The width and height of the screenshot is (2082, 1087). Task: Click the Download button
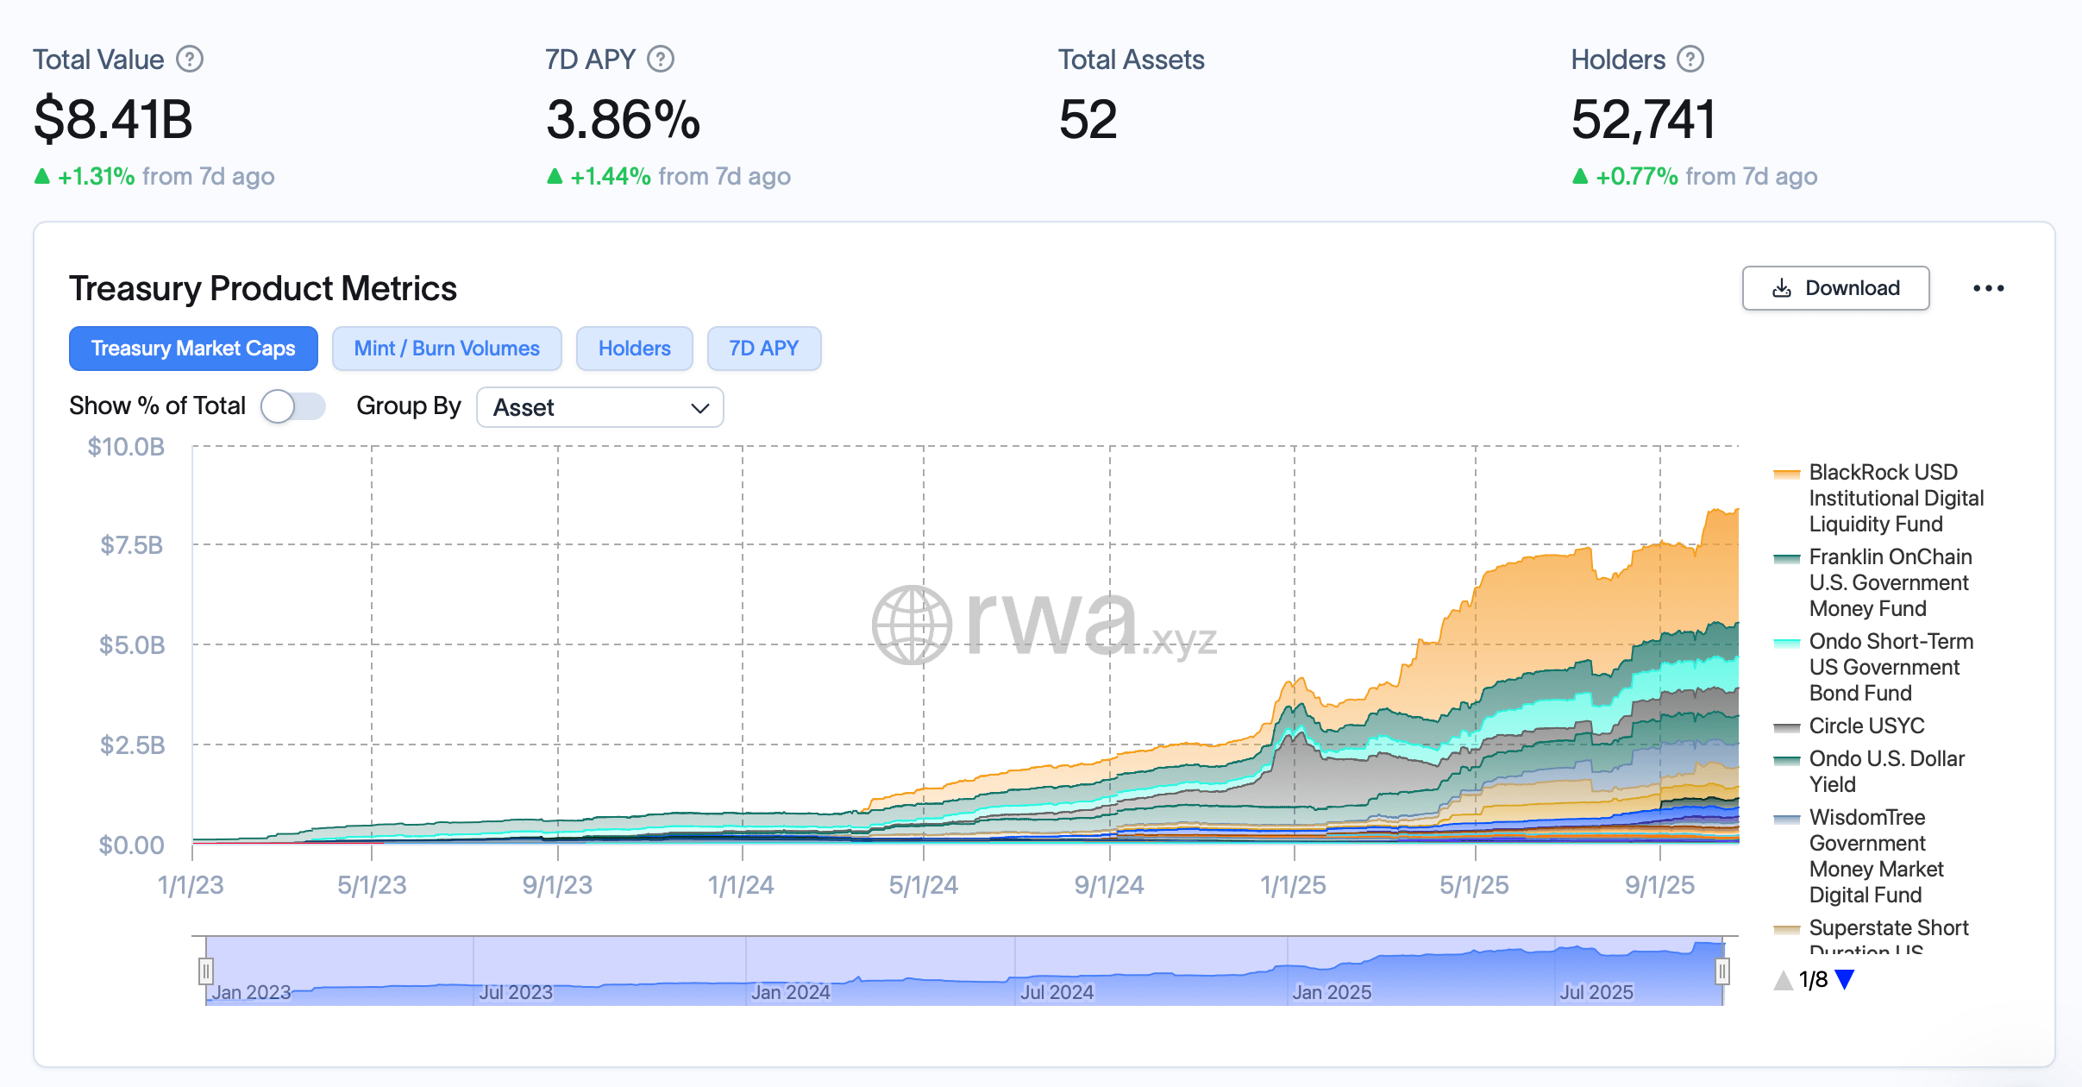[1834, 288]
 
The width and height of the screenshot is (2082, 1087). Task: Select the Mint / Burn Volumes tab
[447, 349]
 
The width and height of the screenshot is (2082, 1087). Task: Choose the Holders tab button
[634, 349]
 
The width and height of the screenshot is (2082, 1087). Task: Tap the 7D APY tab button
[763, 349]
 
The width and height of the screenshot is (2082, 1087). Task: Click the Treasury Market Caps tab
[193, 349]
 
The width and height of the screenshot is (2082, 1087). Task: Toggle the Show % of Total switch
[293, 406]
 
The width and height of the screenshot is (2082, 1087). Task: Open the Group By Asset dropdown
[599, 407]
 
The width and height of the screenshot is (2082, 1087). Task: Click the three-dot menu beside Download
[1988, 288]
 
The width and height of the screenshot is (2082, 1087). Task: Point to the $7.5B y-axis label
[131, 545]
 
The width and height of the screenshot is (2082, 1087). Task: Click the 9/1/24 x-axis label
[1108, 885]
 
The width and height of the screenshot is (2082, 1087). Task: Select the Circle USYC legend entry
[1866, 726]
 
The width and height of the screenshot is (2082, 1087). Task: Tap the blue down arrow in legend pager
[1845, 980]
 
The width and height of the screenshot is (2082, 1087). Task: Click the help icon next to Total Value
[190, 60]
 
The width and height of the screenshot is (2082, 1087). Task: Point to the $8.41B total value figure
[113, 119]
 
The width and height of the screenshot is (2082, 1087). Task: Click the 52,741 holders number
[1642, 119]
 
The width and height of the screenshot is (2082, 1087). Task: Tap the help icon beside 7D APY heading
[661, 60]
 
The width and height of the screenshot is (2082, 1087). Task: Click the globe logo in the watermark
[912, 625]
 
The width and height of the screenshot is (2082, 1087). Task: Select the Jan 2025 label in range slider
[1331, 992]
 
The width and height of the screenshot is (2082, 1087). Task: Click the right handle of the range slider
[1721, 971]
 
